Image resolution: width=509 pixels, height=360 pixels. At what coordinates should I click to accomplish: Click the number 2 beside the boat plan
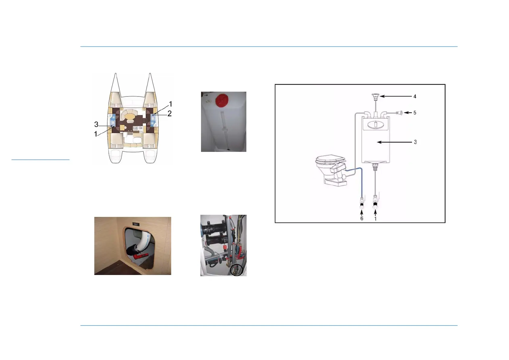coord(170,113)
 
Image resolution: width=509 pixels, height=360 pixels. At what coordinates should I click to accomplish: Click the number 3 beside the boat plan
coord(96,124)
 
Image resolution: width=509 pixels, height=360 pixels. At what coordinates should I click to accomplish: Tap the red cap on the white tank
coord(223,100)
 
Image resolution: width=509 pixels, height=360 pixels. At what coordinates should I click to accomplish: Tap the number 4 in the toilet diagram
coord(415,97)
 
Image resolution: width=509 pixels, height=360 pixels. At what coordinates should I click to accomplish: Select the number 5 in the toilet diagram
coord(415,113)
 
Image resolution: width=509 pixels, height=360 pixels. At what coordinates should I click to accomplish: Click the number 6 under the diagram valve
coord(362,218)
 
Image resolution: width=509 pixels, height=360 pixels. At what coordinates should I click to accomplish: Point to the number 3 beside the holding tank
coord(415,142)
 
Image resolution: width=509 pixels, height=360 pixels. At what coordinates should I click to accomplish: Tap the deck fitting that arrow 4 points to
coord(375,97)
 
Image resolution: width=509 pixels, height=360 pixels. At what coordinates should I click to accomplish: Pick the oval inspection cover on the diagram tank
coord(376,125)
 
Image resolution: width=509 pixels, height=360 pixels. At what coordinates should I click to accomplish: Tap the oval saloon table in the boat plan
coord(130,116)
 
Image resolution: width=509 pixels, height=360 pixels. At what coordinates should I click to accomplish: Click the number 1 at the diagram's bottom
coord(375,219)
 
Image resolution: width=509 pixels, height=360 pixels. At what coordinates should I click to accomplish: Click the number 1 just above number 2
coord(170,104)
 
